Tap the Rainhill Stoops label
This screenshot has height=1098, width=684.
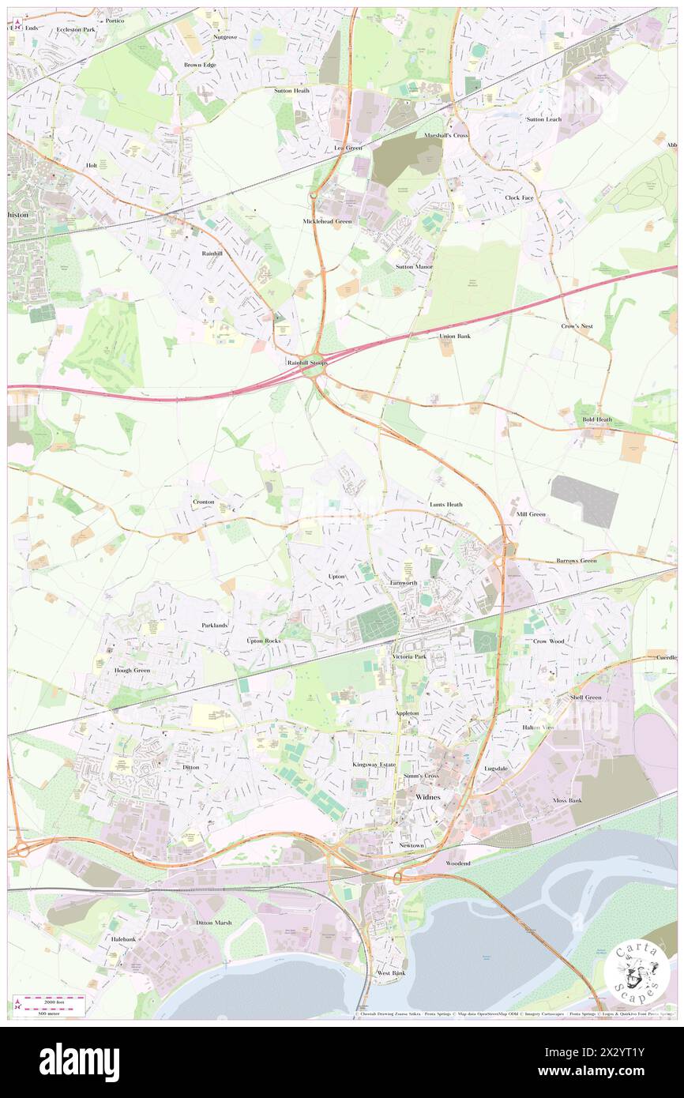[307, 363]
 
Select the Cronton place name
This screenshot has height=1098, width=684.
[204, 502]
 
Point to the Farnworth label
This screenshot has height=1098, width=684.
[404, 583]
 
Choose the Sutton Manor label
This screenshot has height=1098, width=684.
[414, 267]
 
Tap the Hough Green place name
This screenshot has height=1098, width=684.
[132, 670]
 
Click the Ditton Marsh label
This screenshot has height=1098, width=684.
[213, 923]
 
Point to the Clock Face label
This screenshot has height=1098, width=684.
[520, 197]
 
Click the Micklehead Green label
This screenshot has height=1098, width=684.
[327, 221]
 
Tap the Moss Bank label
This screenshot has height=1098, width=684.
[567, 800]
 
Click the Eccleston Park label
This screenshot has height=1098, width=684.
[76, 29]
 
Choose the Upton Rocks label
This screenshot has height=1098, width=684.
[264, 641]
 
